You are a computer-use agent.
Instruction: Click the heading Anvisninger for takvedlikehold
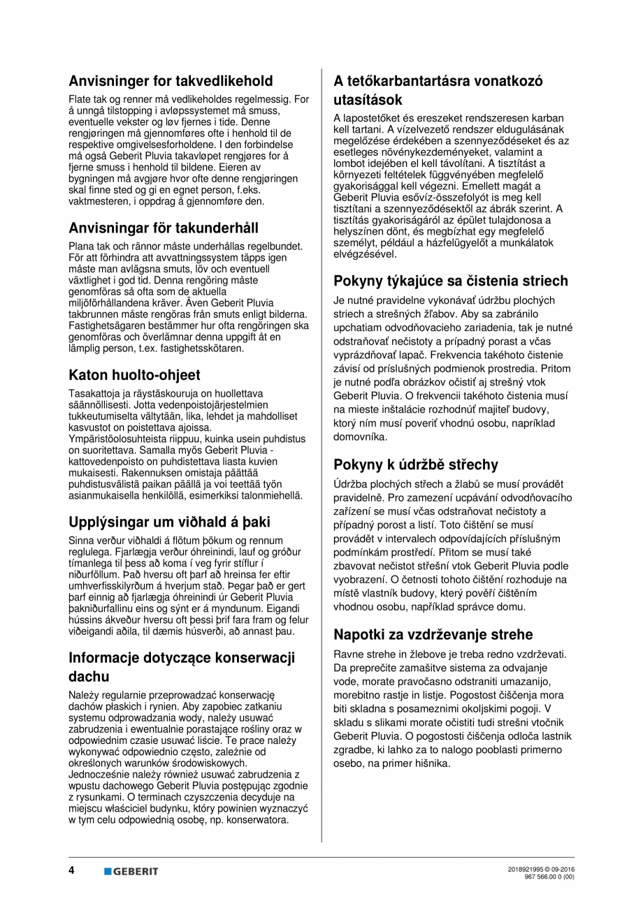click(171, 81)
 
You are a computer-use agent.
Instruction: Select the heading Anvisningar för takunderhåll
click(164, 228)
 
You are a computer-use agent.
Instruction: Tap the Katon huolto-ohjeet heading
click(134, 375)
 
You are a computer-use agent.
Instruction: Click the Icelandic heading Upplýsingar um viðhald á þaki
click(169, 522)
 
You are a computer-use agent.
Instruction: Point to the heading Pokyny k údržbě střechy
click(415, 465)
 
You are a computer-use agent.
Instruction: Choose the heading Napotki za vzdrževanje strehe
click(433, 635)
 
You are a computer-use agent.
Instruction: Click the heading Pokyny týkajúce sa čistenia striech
click(450, 281)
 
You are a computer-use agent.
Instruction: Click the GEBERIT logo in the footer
click(131, 871)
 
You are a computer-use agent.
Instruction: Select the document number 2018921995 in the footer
click(528, 868)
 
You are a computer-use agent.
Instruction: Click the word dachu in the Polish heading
click(89, 677)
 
